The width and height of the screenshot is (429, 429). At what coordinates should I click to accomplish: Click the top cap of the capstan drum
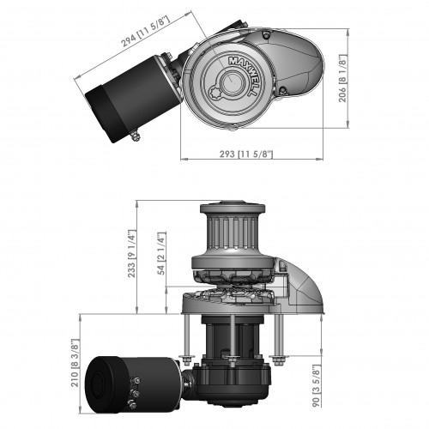click(x=228, y=208)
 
